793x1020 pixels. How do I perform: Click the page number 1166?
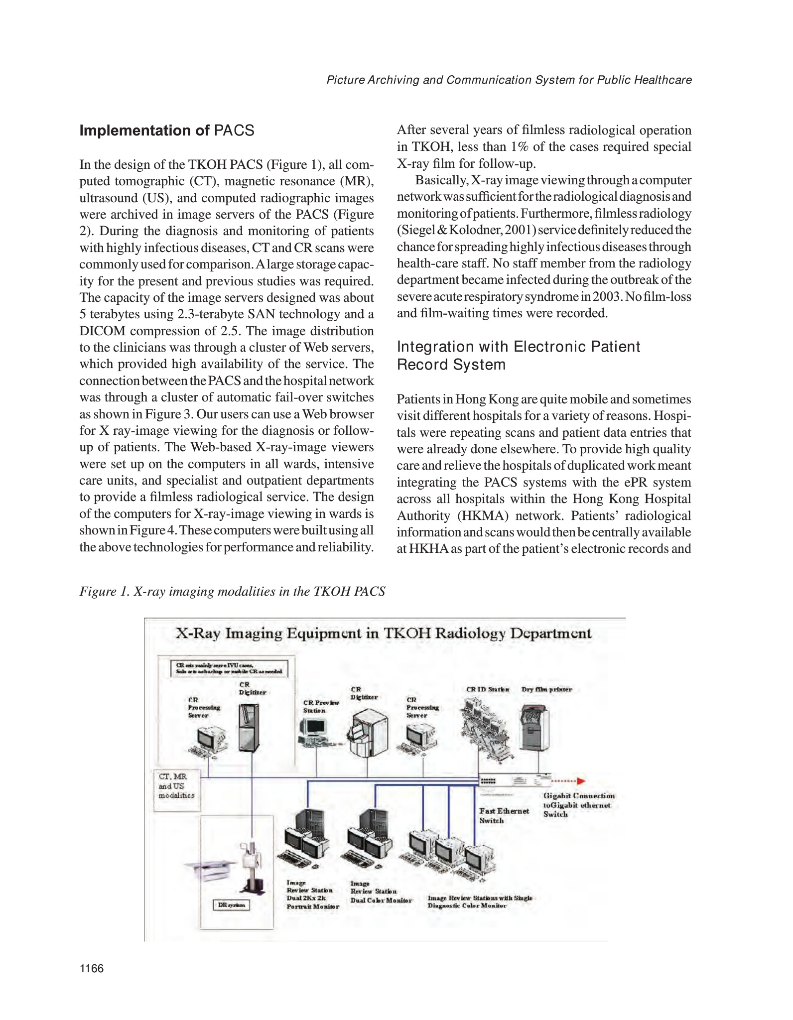pyautogui.click(x=92, y=968)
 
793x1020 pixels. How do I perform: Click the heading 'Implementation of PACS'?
pyautogui.click(x=167, y=130)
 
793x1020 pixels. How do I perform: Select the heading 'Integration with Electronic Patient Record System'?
pyautogui.click(x=518, y=356)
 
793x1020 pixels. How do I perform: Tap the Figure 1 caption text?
pyautogui.click(x=232, y=591)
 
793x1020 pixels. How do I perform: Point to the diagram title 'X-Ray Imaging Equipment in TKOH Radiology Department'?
pyautogui.click(x=384, y=634)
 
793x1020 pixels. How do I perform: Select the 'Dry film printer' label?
pyautogui.click(x=546, y=689)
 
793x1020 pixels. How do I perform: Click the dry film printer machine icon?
pyautogui.click(x=534, y=728)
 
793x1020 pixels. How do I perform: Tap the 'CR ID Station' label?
pyautogui.click(x=487, y=689)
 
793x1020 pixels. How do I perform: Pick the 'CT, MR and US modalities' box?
pyautogui.click(x=177, y=786)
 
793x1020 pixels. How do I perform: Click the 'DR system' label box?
pyautogui.click(x=232, y=904)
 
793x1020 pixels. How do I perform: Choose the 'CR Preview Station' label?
pyautogui.click(x=321, y=706)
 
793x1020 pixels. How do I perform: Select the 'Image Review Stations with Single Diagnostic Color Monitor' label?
pyautogui.click(x=480, y=901)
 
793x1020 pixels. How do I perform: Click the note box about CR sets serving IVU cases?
pyautogui.click(x=229, y=668)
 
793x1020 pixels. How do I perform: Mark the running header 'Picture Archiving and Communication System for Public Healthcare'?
pyautogui.click(x=509, y=80)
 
